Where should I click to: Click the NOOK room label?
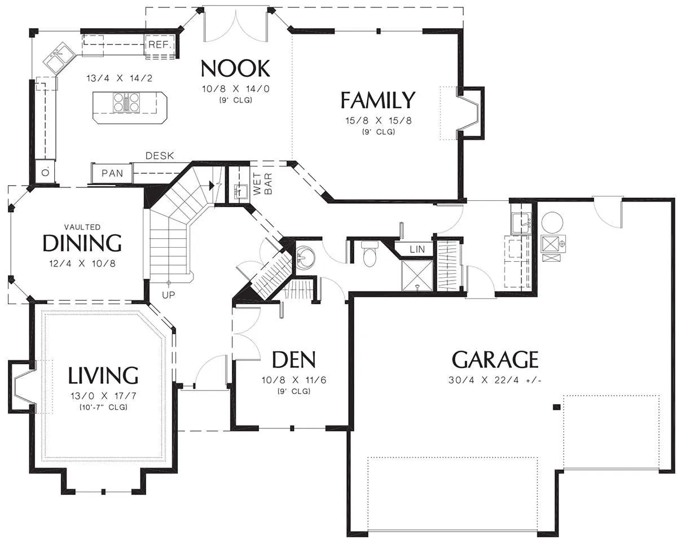tap(235, 68)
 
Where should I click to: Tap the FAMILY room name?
tap(378, 100)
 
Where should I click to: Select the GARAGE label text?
tap(495, 359)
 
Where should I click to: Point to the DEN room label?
tap(293, 360)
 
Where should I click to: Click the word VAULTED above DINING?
tap(82, 227)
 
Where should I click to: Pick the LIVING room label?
tap(103, 375)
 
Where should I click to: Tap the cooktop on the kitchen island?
tap(126, 102)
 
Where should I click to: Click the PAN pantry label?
tap(112, 173)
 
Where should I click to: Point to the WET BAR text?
tap(262, 184)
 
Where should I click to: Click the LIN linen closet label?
tap(417, 249)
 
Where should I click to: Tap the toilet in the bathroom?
tap(370, 253)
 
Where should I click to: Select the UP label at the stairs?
tap(168, 295)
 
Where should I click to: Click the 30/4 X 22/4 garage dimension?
tap(495, 380)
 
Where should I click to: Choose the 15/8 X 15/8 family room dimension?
tap(379, 121)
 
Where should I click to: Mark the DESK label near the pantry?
tap(160, 156)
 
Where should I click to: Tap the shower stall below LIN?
tap(417, 275)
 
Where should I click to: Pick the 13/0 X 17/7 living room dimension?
tap(103, 396)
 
